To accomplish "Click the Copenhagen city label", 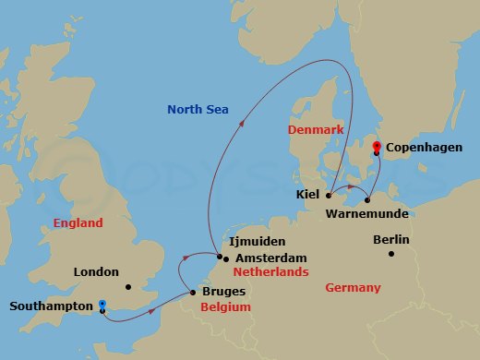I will pyautogui.click(x=424, y=148).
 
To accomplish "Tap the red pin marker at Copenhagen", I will pyautogui.click(x=376, y=147).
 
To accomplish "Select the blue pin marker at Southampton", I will pyautogui.click(x=102, y=305).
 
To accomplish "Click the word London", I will pyautogui.click(x=97, y=271).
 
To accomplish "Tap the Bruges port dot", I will pyautogui.click(x=192, y=293).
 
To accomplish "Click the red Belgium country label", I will pyautogui.click(x=225, y=307).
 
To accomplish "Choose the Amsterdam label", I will pyautogui.click(x=270, y=258).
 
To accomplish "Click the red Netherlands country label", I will pyautogui.click(x=270, y=273).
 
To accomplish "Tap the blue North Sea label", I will pyautogui.click(x=198, y=110).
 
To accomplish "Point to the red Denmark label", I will pyautogui.click(x=315, y=131).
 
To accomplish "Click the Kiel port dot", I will pyautogui.click(x=329, y=196).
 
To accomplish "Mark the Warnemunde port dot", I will pyautogui.click(x=367, y=199).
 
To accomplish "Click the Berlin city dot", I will pyautogui.click(x=392, y=253).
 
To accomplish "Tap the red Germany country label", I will pyautogui.click(x=353, y=288).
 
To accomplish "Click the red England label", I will pyautogui.click(x=78, y=223).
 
